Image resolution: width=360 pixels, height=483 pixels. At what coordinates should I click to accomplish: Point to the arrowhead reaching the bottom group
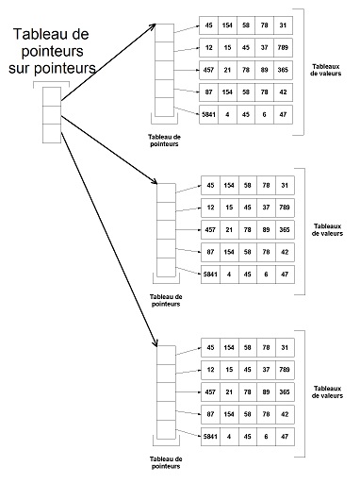pyautogui.click(x=155, y=344)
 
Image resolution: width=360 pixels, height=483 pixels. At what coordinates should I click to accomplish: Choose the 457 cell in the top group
pyautogui.click(x=210, y=69)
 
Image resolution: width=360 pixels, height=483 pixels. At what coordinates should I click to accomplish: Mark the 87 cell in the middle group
pyautogui.click(x=210, y=252)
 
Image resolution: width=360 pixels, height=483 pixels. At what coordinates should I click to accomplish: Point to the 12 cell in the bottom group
pyautogui.click(x=210, y=369)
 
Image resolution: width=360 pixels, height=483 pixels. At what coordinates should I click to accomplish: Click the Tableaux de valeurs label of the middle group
pyautogui.click(x=329, y=230)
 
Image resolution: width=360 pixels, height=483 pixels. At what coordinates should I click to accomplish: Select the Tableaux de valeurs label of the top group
pyautogui.click(x=329, y=71)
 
